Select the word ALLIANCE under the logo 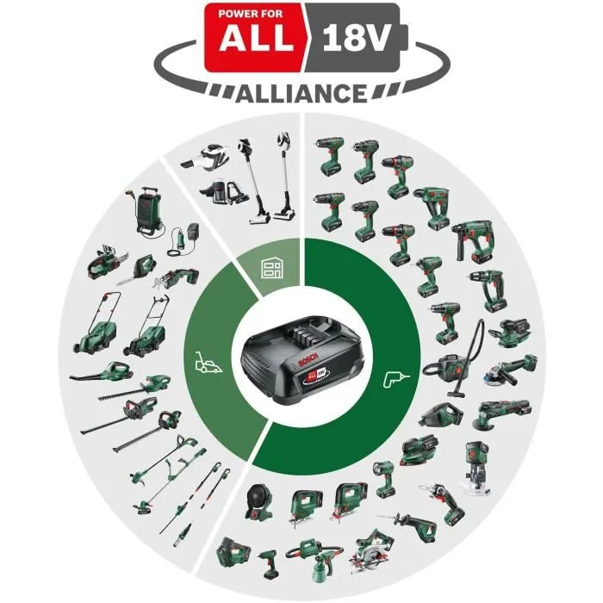point(301,93)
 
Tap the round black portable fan point(258,500)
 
